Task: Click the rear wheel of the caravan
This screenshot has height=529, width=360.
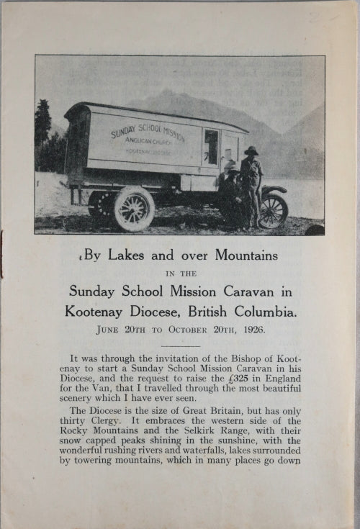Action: pyautogui.click(x=134, y=209)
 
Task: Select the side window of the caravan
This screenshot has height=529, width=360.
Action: pyautogui.click(x=211, y=146)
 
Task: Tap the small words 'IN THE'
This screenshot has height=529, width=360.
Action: pyautogui.click(x=180, y=274)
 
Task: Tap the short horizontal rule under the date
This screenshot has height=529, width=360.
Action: pyautogui.click(x=180, y=346)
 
